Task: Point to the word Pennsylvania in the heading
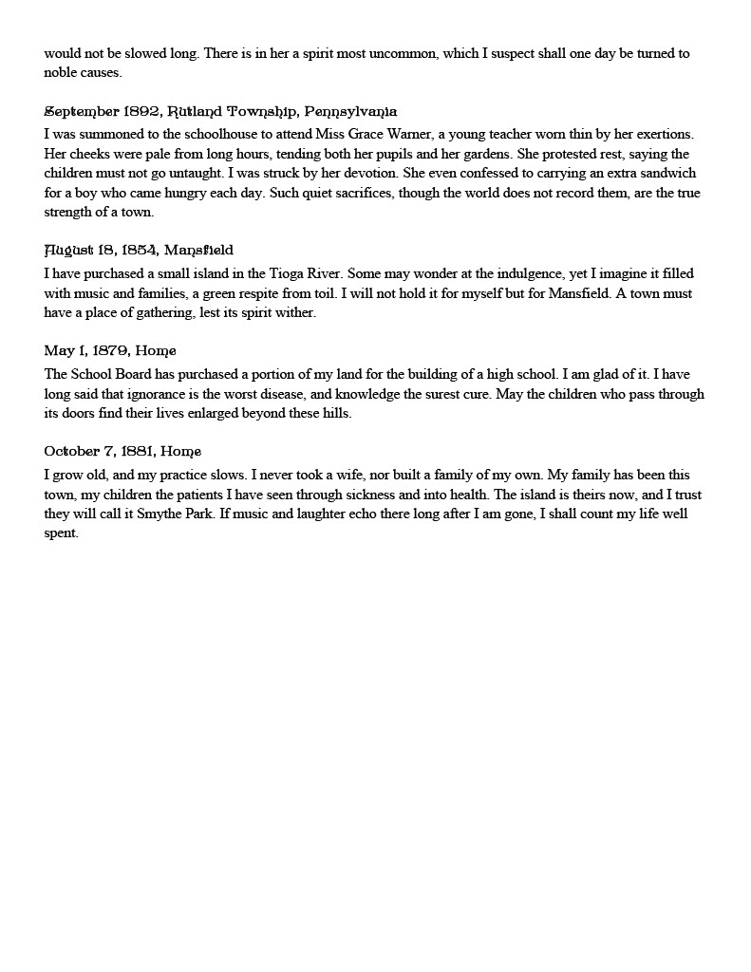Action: point(350,112)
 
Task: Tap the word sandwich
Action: point(669,174)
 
